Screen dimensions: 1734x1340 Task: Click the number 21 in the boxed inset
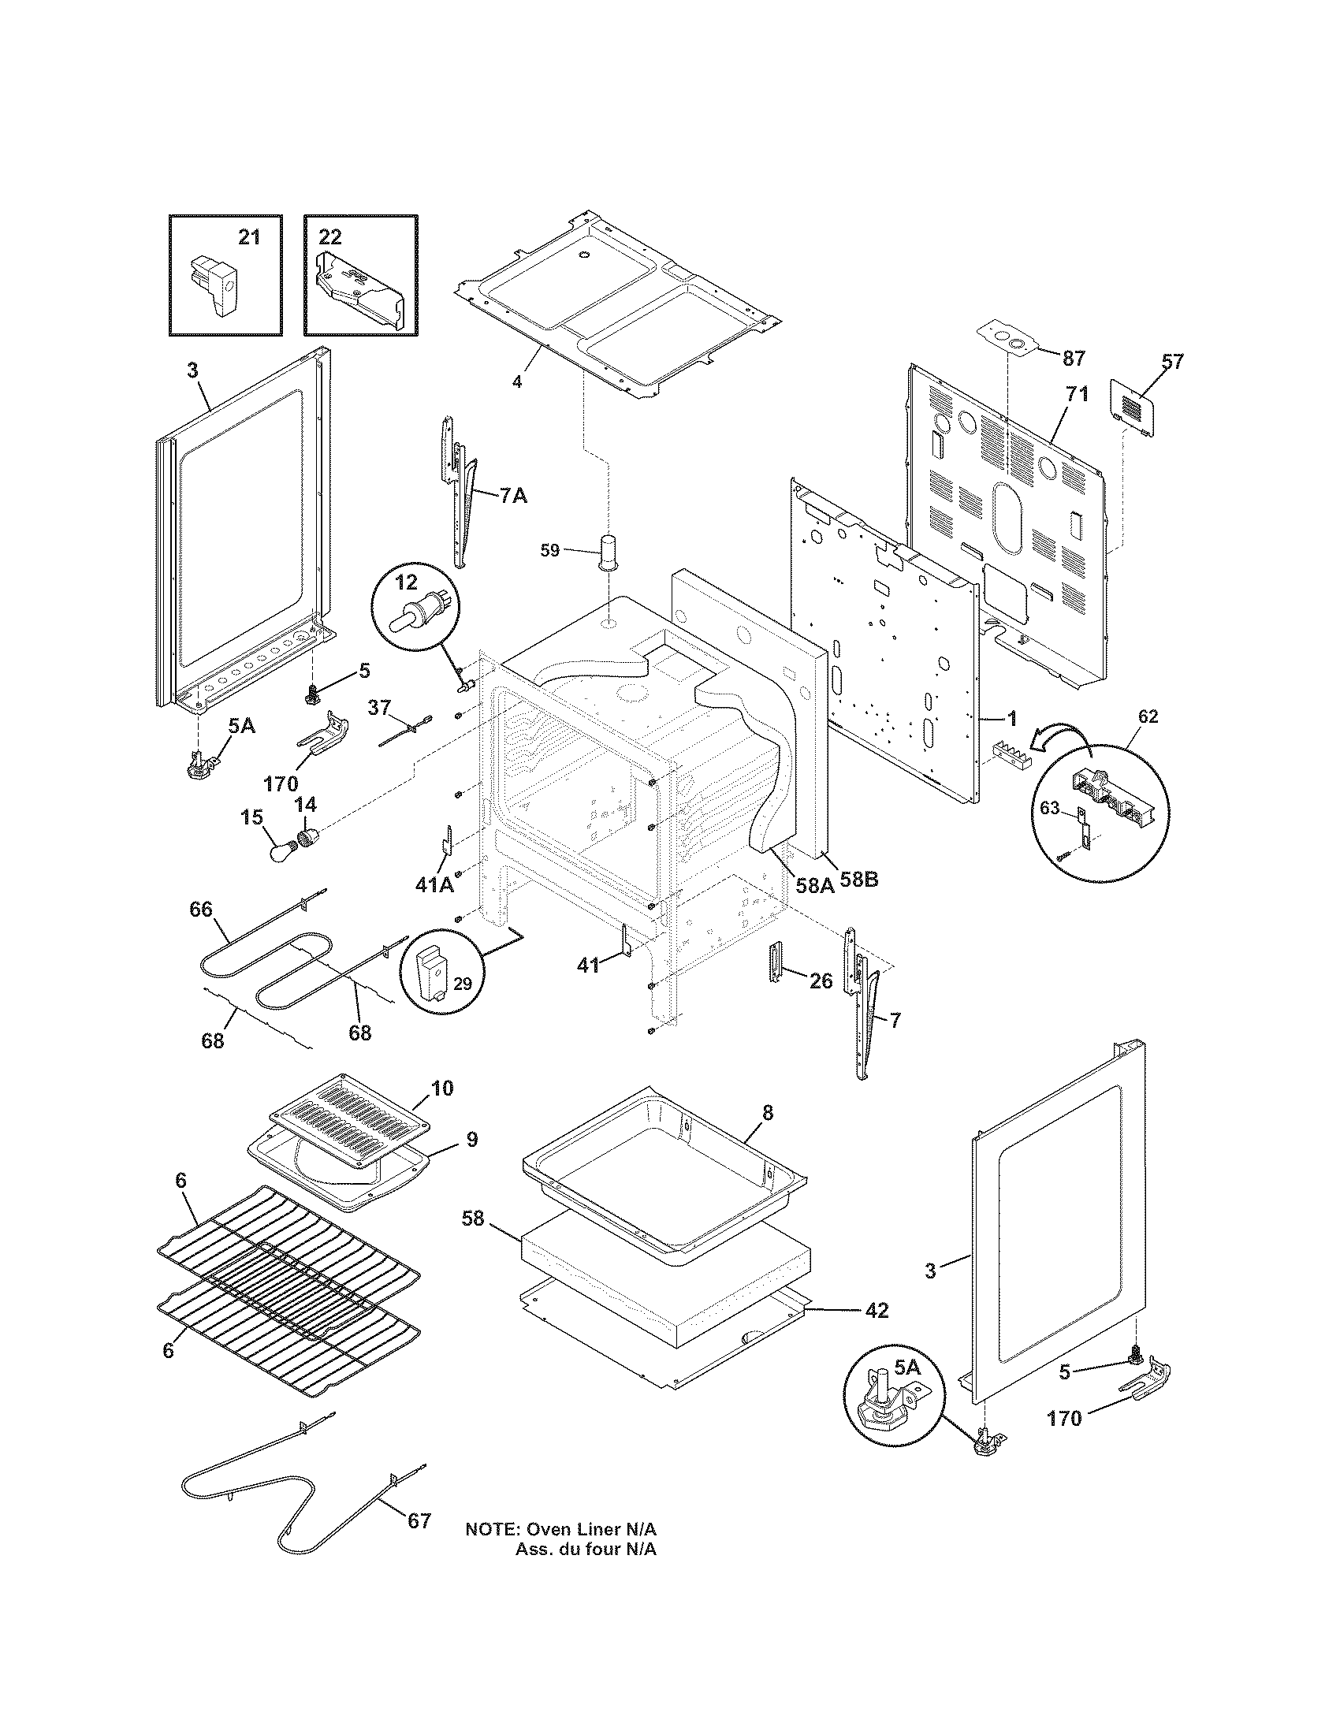click(249, 236)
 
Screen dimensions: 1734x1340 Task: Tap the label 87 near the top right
click(1074, 359)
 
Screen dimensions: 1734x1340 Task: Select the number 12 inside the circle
click(407, 582)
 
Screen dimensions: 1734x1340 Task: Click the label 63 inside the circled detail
click(1049, 808)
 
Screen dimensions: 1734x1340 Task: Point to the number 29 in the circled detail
click(463, 984)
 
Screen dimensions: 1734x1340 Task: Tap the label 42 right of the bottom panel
click(876, 1311)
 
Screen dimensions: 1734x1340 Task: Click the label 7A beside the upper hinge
click(513, 497)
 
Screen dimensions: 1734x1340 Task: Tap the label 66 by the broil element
click(201, 908)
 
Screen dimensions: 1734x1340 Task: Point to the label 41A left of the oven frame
click(434, 884)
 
